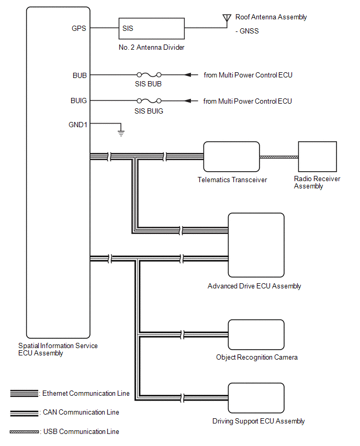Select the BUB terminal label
(80, 75)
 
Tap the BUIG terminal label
(78, 101)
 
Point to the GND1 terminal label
(78, 125)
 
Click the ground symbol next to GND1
(121, 132)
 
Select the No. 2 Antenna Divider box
(151, 28)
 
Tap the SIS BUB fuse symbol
(149, 75)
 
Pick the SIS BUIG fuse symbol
(149, 101)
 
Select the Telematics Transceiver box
(231, 157)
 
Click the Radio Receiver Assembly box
(317, 157)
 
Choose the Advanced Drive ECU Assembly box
(256, 244)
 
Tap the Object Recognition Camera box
(256, 334)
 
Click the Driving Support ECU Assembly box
(256, 398)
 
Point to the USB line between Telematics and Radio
(278, 157)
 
